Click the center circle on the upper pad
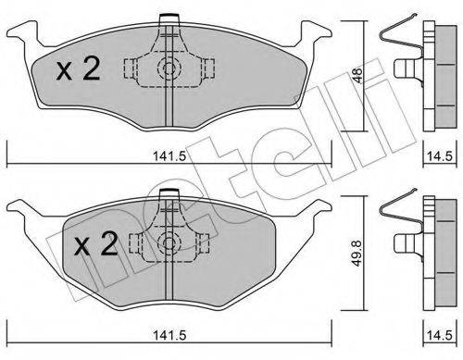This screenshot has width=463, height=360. pos(168,68)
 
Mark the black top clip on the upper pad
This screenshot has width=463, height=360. pos(168,18)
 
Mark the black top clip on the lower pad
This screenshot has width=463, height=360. pos(168,194)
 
